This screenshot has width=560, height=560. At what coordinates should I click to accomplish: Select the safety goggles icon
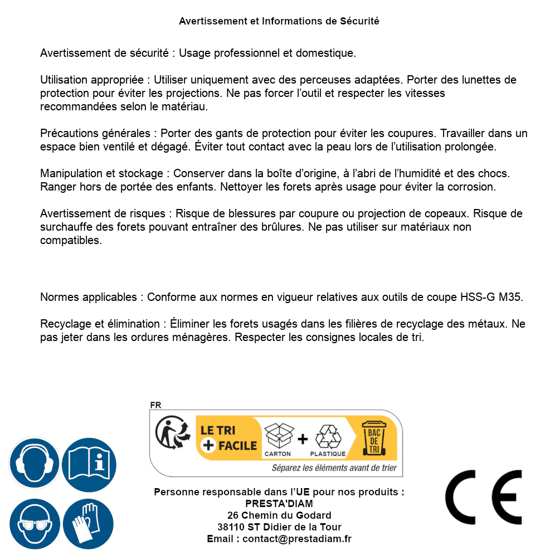(x=35, y=524)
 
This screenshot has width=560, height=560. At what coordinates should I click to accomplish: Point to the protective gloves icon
(x=89, y=524)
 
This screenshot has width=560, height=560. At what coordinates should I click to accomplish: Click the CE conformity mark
(x=484, y=498)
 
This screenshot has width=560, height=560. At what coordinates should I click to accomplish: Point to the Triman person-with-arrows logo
(x=169, y=434)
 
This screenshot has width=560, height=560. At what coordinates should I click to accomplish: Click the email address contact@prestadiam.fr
(x=296, y=539)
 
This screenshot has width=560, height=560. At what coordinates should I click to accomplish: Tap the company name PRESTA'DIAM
(x=279, y=504)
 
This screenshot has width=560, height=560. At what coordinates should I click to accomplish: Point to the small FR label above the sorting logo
(x=155, y=405)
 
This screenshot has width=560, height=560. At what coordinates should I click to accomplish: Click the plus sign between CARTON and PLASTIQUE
(x=303, y=439)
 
